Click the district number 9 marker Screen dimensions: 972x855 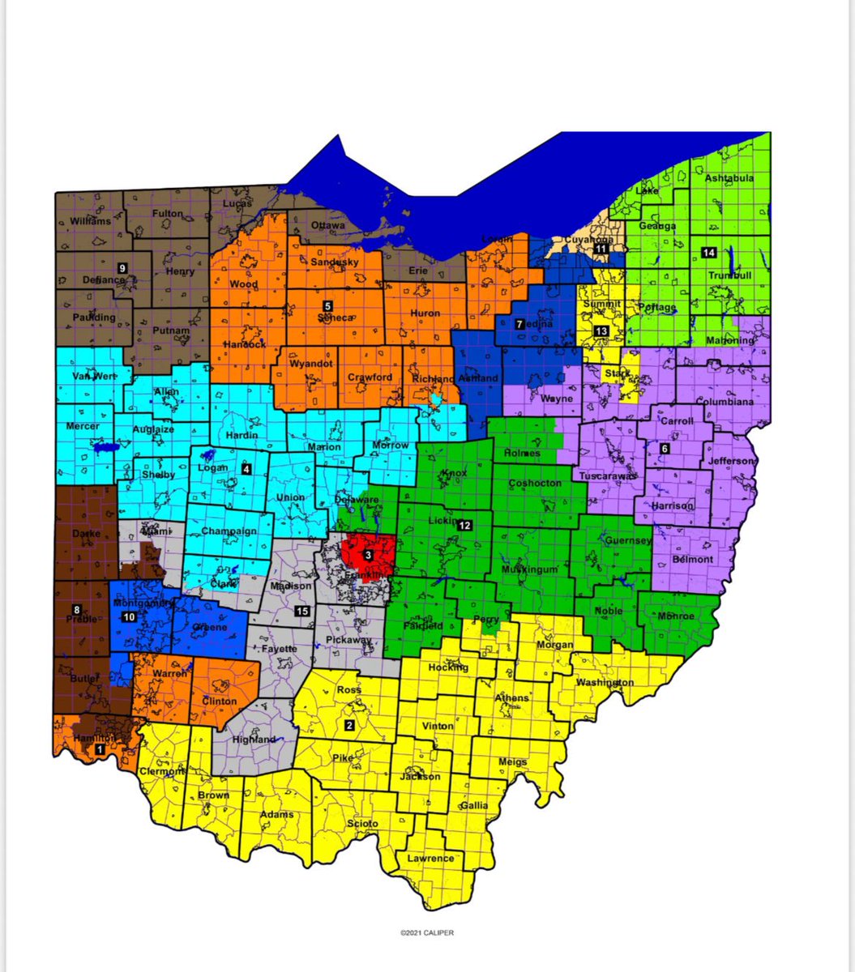[x=122, y=267]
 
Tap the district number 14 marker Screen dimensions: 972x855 [x=709, y=251]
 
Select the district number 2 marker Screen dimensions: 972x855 [x=350, y=724]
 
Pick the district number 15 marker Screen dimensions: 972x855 [x=302, y=611]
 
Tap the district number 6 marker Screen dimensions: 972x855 [x=665, y=448]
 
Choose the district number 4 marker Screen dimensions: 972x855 [x=246, y=468]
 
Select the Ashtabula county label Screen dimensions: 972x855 [x=729, y=178]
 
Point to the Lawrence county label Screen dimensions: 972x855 [x=431, y=858]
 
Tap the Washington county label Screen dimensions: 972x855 [x=605, y=683]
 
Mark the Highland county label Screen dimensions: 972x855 [x=253, y=739]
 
